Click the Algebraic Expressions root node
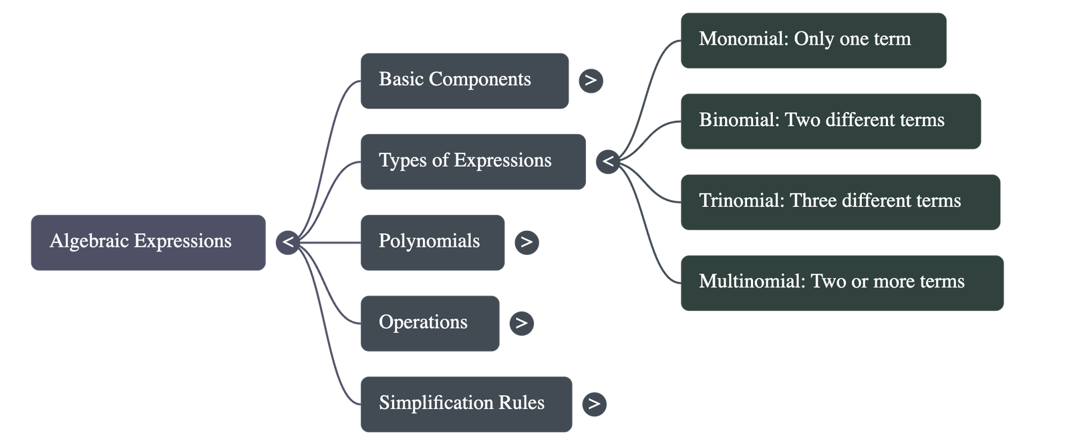pos(148,243)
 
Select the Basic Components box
pos(464,81)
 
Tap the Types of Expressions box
pos(472,161)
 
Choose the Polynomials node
pos(432,242)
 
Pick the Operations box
pos(430,323)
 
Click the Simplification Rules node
pos(466,404)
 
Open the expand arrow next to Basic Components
pos(591,81)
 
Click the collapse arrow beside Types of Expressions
pos(607,161)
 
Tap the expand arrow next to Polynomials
pos(526,242)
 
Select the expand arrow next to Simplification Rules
pos(595,404)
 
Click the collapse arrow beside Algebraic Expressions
pos(288,242)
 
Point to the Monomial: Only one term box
pos(813,40)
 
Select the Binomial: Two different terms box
pos(830,121)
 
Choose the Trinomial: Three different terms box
pos(840,201)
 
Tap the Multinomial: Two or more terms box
pos(842,282)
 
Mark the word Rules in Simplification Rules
pos(522,403)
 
